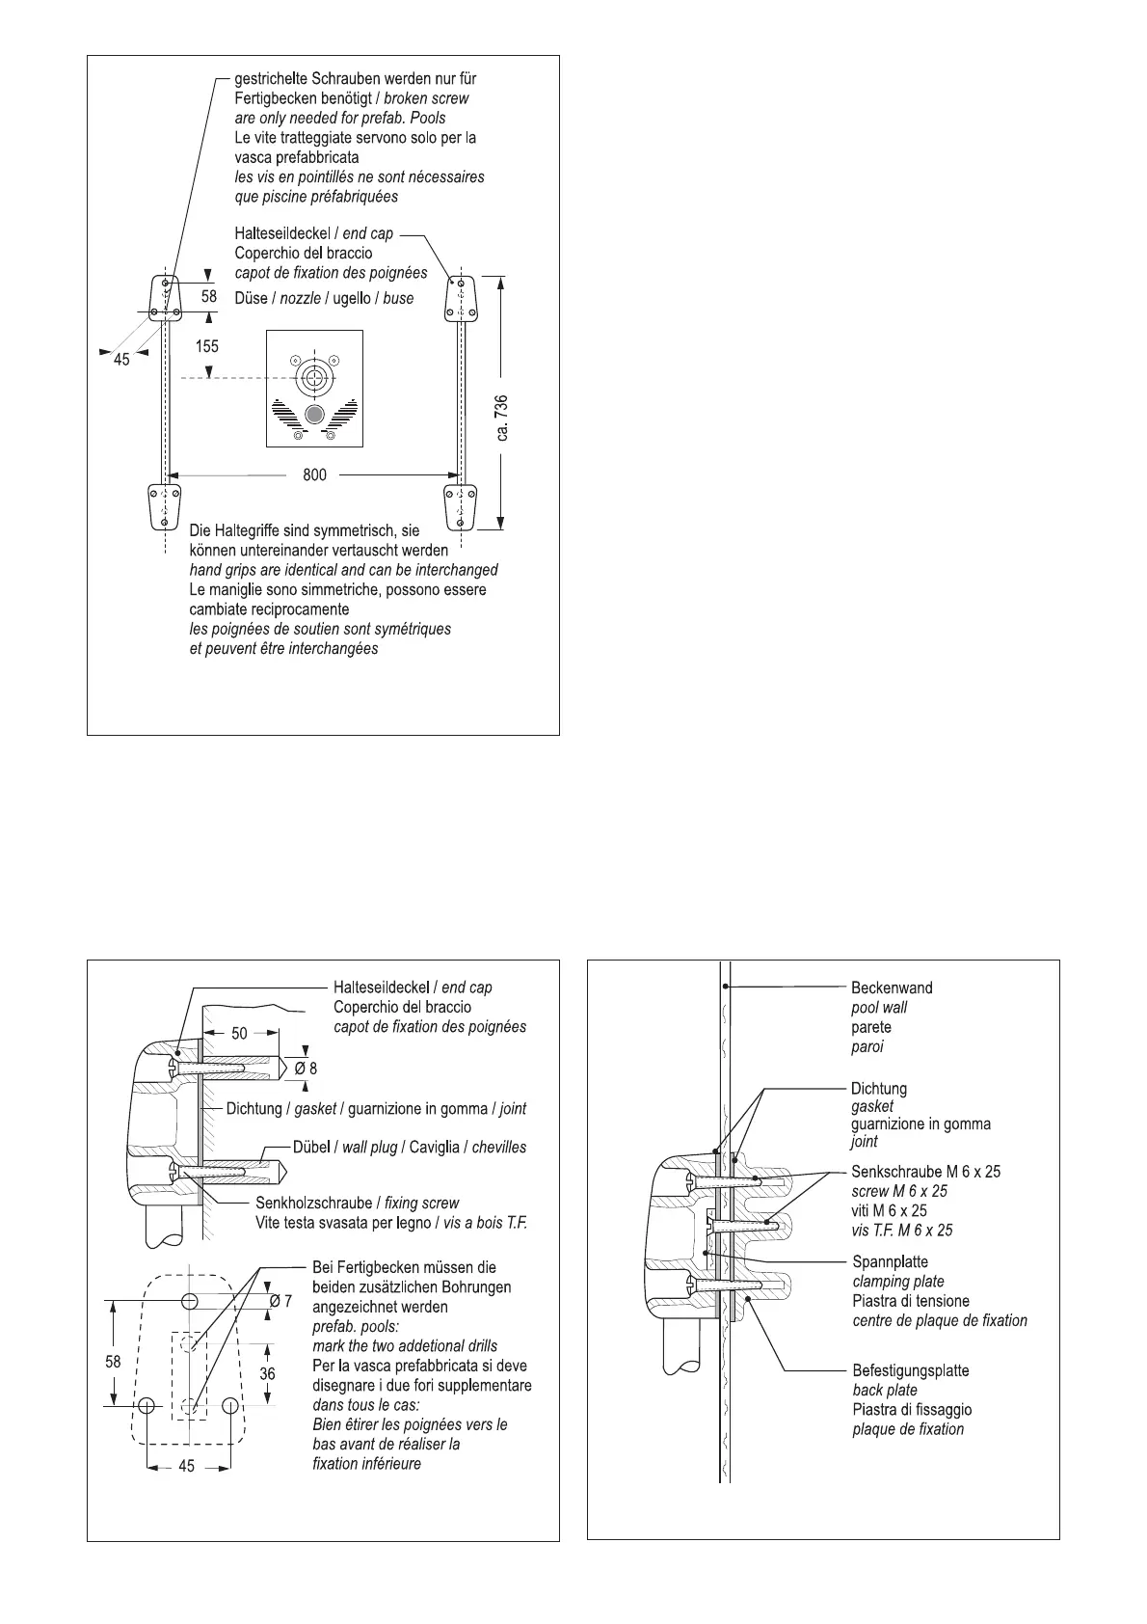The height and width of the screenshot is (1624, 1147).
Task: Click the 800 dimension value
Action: click(314, 474)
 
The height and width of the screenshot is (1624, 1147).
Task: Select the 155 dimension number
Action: click(207, 345)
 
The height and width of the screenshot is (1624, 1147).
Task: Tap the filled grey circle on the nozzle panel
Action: click(313, 415)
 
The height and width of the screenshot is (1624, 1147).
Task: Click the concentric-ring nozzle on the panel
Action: click(313, 377)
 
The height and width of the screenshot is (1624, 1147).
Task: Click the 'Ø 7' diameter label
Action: click(281, 1302)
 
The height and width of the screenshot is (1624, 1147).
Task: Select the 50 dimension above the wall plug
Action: click(239, 1033)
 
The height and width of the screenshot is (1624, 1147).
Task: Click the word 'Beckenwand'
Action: click(891, 988)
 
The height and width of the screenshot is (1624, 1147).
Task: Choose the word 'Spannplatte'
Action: click(890, 1261)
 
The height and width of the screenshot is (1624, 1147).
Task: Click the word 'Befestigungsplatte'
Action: click(910, 1370)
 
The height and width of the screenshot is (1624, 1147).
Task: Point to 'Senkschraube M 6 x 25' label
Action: click(925, 1171)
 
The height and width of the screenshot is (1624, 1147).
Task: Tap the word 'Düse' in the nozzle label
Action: click(251, 298)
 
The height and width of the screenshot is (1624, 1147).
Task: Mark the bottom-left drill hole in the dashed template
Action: click(147, 1406)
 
